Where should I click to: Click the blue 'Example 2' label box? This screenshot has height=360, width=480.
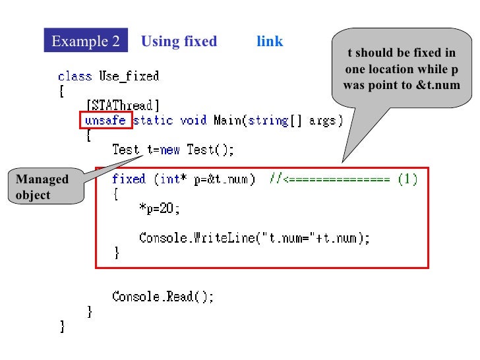pos(86,42)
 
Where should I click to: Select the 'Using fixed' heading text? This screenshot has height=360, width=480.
pos(179,42)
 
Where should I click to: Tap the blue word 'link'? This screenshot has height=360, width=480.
pos(270,42)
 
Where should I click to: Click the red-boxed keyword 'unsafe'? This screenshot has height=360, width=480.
pos(105,121)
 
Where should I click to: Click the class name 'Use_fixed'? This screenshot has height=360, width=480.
pos(129,76)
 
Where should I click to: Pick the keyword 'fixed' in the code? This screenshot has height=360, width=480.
pos(129,179)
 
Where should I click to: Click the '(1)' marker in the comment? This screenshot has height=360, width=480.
pos(407,179)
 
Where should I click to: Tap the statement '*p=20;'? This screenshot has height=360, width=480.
pos(159,208)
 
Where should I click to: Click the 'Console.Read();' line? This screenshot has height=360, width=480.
pos(163,297)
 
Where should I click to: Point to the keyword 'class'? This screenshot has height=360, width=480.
pos(75,76)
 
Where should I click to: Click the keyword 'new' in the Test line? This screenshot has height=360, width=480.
pos(170,150)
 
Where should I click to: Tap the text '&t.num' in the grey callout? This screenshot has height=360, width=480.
pos(436,86)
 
